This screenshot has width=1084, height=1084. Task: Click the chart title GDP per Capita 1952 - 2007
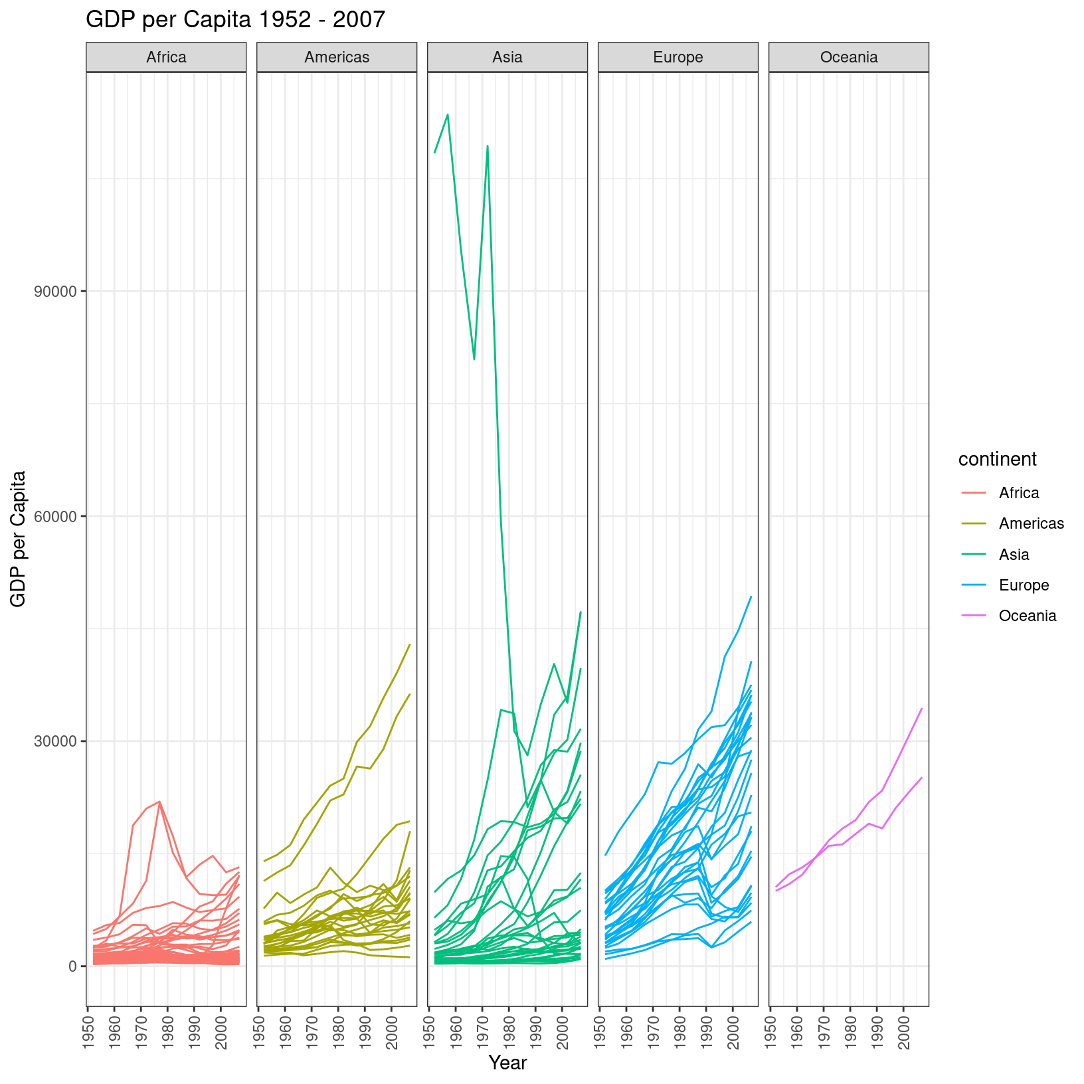(x=235, y=20)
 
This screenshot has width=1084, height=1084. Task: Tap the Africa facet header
(x=166, y=57)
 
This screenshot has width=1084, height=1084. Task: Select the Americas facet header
(x=337, y=57)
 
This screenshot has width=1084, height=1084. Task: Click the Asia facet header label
(x=507, y=57)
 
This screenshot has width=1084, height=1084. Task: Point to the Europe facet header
(x=678, y=57)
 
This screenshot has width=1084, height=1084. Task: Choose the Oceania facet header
(x=849, y=57)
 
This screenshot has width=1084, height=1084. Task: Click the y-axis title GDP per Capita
(x=19, y=539)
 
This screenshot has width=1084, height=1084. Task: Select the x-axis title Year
(x=507, y=1063)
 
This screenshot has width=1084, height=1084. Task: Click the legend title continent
(x=997, y=459)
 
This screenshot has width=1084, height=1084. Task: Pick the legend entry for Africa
(x=1018, y=493)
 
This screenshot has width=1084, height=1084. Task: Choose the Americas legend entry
(x=1031, y=523)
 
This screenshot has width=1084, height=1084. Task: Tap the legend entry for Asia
(x=1014, y=555)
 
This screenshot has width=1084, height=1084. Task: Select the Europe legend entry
(x=1024, y=585)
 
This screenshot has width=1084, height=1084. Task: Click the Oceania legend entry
(x=1027, y=616)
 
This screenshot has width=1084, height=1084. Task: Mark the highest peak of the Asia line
(x=448, y=114)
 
